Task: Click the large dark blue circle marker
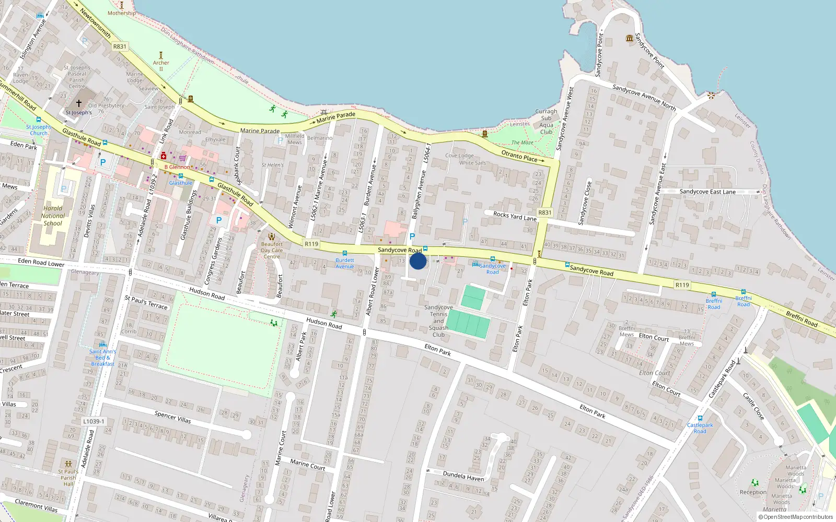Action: coord(417,261)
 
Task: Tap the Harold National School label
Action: coord(53,216)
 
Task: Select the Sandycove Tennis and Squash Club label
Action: coord(438,321)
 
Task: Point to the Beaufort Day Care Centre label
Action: coord(272,250)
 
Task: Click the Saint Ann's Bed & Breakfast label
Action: coord(102,358)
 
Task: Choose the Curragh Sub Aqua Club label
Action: coord(546,122)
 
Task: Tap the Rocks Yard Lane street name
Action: coord(515,216)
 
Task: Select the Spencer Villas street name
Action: coord(173,417)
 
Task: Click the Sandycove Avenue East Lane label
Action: coord(707,192)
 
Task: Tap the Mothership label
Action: coord(122,13)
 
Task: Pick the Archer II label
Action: coord(161,66)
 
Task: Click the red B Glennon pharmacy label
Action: coord(177,167)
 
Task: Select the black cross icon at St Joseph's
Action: coord(79,103)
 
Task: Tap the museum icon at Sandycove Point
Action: coord(630,38)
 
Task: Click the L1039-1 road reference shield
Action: coord(94,421)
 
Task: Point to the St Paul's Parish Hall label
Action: coord(68,478)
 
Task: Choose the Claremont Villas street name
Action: coord(36,505)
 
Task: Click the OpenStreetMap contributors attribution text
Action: coord(796,517)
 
